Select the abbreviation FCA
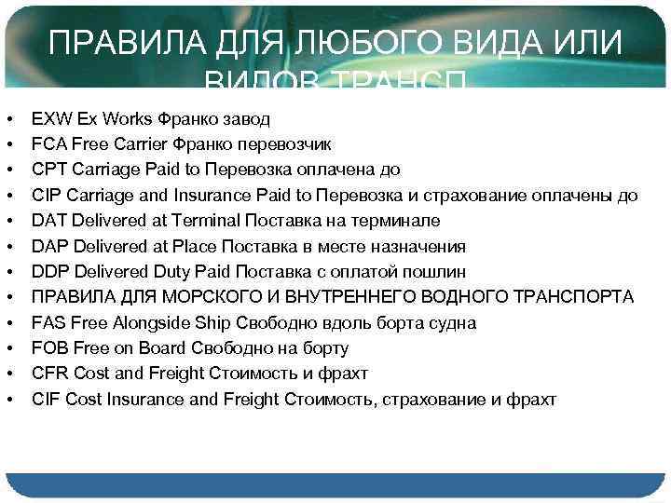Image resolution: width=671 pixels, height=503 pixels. tap(48, 144)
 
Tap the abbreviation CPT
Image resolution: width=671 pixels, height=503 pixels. tap(48, 170)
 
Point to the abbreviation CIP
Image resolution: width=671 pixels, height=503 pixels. tap(46, 195)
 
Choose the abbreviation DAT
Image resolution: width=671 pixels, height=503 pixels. tap(48, 221)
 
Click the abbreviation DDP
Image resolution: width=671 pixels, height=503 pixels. tap(48, 272)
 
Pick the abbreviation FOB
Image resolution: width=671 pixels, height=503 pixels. tap(48, 348)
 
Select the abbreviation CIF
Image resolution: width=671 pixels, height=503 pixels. tap(46, 399)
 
